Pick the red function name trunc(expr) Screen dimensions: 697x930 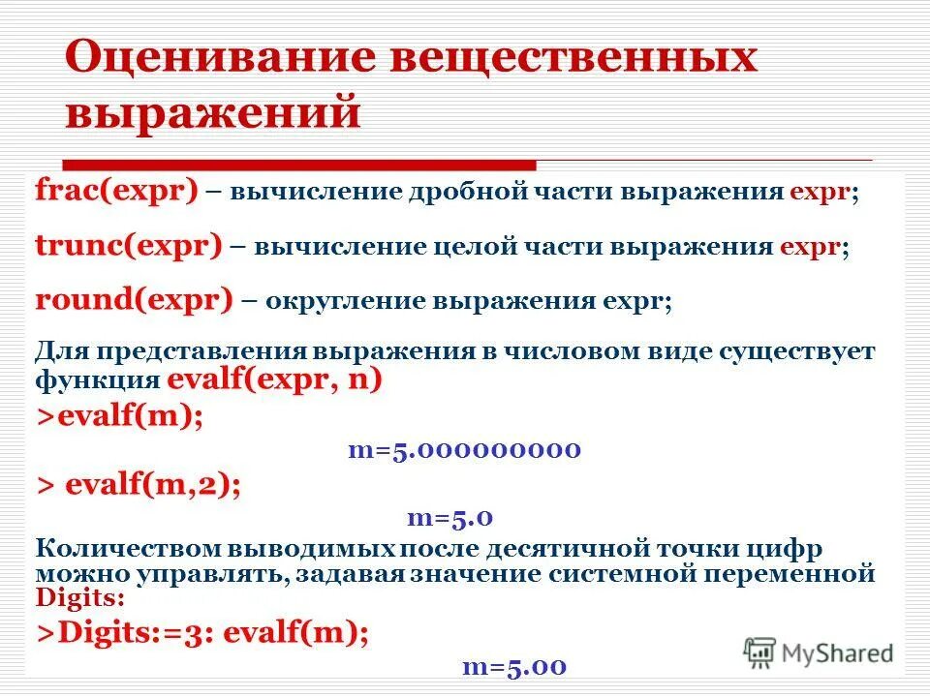pyautogui.click(x=129, y=245)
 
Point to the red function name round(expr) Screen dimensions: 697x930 pyautogui.click(x=134, y=300)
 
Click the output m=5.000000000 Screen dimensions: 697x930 pyautogui.click(x=464, y=449)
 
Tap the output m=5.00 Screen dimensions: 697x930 pyautogui.click(x=513, y=667)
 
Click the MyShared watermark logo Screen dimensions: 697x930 pyautogui.click(x=819, y=652)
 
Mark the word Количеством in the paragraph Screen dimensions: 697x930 pyautogui.click(x=129, y=550)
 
